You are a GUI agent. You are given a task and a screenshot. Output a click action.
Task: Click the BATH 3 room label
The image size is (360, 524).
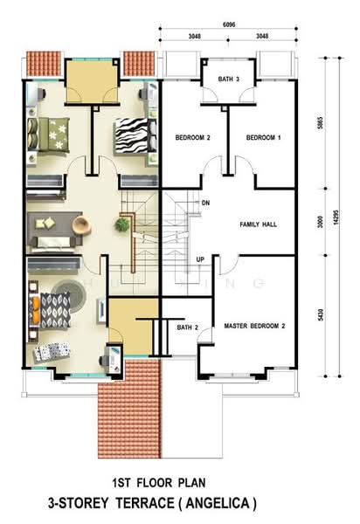(229, 79)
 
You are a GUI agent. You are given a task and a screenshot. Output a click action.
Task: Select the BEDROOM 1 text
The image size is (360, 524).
(263, 138)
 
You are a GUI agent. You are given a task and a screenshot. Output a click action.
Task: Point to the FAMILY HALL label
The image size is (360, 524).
(259, 224)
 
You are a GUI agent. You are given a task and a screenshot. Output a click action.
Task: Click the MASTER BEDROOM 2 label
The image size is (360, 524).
(254, 326)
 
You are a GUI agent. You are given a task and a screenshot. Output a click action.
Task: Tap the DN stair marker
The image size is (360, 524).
(206, 203)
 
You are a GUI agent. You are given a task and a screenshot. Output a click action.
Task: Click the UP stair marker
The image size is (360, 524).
(200, 259)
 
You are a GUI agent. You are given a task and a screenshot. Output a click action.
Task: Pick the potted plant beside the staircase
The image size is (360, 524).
(121, 225)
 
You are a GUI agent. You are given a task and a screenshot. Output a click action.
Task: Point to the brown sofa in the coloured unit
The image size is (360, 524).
(49, 228)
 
